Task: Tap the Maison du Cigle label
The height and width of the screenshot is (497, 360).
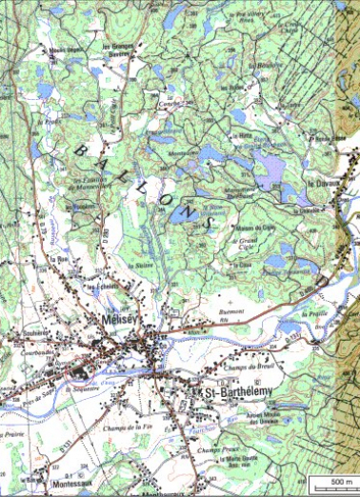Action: point(255,228)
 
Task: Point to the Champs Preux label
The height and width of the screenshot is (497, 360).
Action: point(214,450)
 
